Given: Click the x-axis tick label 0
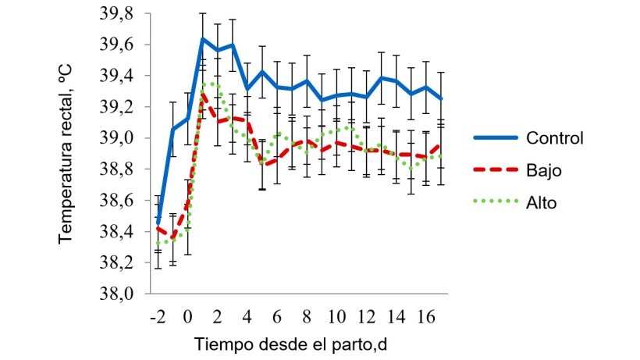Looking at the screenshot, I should [x=188, y=318].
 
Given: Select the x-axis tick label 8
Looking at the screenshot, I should [x=307, y=318].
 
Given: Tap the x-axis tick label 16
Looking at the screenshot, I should [x=425, y=318].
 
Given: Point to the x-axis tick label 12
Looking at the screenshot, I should [x=366, y=318].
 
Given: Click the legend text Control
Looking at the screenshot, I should [x=555, y=139].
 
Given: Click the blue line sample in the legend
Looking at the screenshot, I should [x=496, y=139].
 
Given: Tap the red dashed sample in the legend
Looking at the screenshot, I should [x=496, y=170].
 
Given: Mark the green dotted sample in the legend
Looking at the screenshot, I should [x=496, y=201].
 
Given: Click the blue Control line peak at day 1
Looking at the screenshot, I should [x=203, y=39].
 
